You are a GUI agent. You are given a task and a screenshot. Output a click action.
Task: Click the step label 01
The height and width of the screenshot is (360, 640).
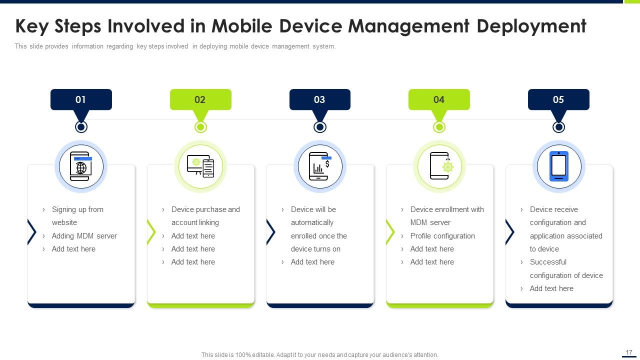tap(80, 99)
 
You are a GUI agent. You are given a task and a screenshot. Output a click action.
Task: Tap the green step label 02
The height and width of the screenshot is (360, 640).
tap(200, 99)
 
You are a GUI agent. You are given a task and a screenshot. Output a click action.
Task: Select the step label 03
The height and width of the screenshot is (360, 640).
tap(319, 99)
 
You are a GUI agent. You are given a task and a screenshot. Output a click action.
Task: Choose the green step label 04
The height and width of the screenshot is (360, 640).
tap(439, 99)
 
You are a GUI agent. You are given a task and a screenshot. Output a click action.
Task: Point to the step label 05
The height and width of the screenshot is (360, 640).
tap(558, 99)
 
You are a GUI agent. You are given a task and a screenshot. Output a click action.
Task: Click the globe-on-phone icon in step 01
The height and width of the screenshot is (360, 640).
tap(81, 166)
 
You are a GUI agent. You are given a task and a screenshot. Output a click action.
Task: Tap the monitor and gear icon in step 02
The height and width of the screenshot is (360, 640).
tap(200, 166)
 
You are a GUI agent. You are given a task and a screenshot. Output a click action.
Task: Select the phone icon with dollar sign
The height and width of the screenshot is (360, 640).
tap(320, 166)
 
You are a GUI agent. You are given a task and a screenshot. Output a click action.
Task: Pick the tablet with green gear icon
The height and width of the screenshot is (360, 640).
tap(439, 166)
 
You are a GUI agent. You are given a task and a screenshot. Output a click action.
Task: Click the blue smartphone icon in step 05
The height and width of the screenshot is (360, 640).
tap(559, 166)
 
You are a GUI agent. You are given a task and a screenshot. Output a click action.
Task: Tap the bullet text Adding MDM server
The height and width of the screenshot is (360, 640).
tap(84, 236)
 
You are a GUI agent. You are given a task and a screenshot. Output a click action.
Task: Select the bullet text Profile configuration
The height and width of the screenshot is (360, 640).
tap(442, 236)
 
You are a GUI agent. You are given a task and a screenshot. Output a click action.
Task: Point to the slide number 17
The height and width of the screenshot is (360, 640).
tap(629, 352)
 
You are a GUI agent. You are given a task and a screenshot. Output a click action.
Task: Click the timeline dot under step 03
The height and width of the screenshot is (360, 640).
tap(320, 127)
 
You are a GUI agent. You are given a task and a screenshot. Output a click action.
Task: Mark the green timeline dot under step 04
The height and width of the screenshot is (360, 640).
tap(439, 127)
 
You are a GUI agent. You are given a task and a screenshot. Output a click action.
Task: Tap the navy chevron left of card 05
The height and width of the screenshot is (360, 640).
tap(509, 232)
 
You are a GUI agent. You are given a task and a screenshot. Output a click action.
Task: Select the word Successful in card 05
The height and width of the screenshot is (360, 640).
tap(548, 262)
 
